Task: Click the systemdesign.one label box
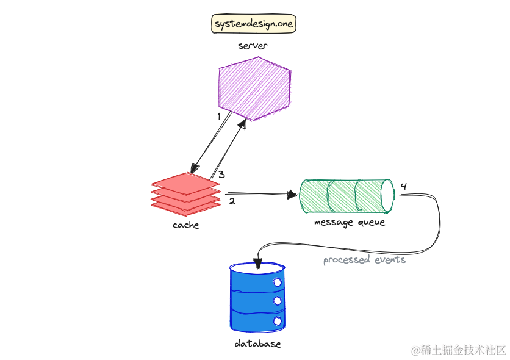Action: pos(253,24)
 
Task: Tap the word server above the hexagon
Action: pos(253,46)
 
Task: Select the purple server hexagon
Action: pos(254,89)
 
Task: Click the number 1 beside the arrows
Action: pos(219,115)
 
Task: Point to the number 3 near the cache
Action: pos(222,175)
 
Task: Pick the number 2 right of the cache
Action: pos(232,201)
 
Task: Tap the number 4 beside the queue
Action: pos(403,185)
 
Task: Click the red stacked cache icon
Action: pos(185,193)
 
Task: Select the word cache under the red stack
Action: pos(185,225)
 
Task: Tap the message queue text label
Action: pos(350,222)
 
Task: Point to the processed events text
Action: pos(364,260)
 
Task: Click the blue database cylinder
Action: pos(257,295)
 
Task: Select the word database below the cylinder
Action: pos(257,344)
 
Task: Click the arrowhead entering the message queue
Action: pos(293,196)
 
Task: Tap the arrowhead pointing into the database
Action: pos(258,264)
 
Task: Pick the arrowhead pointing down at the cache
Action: pos(195,167)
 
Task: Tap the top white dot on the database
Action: pos(278,283)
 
